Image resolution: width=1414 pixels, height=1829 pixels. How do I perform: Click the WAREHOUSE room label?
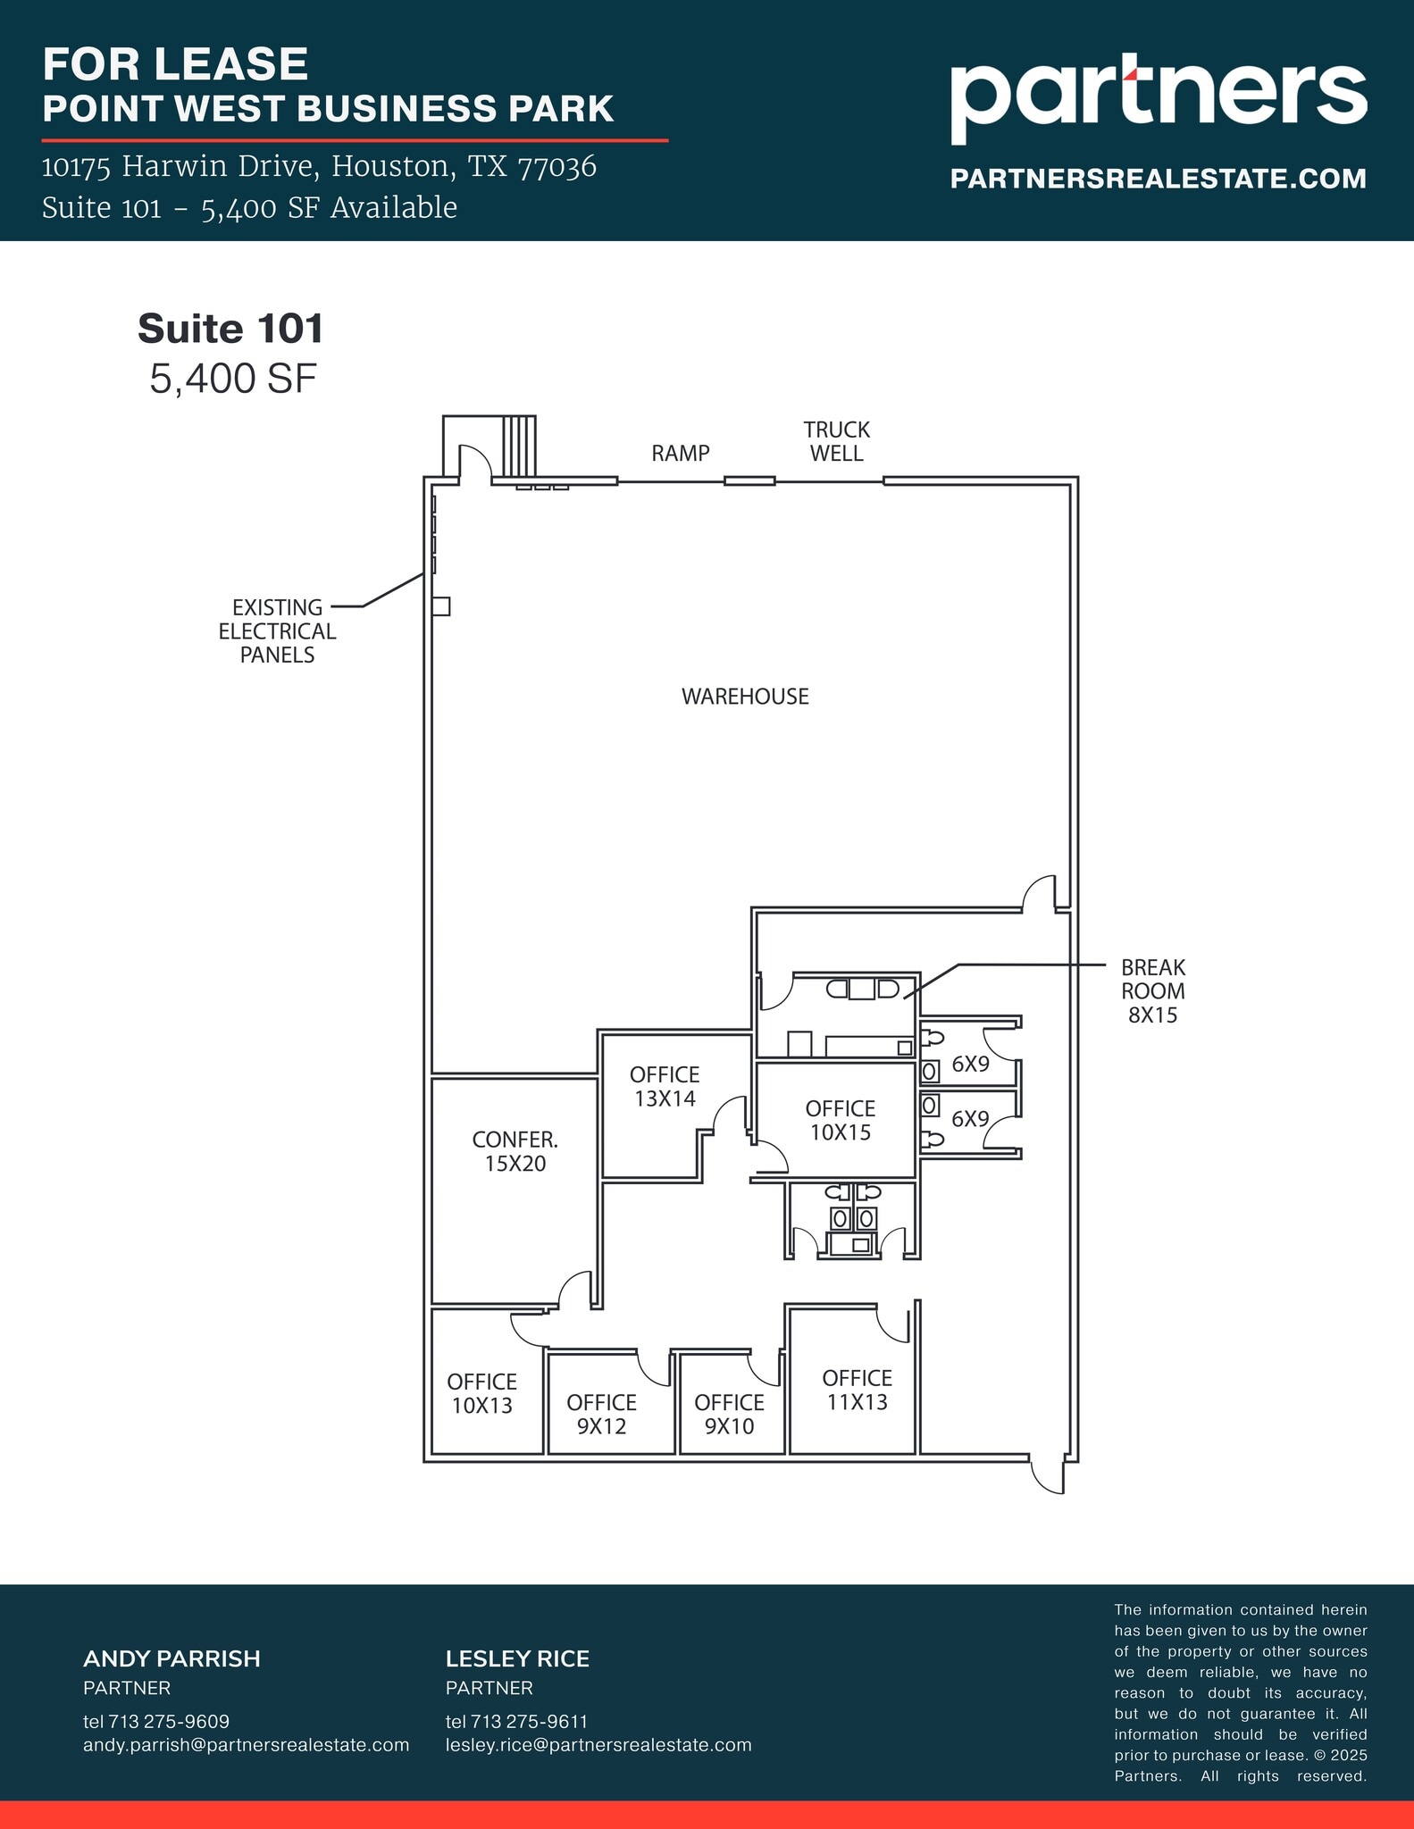[745, 697]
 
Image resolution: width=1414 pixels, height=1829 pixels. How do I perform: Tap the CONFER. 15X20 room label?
[515, 1151]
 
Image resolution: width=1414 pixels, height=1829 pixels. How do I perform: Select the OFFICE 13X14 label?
[665, 1086]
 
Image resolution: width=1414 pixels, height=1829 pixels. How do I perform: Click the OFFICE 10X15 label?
[840, 1120]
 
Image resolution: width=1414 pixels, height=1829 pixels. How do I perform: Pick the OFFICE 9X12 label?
[601, 1414]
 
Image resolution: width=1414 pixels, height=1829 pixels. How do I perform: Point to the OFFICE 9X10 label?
[729, 1414]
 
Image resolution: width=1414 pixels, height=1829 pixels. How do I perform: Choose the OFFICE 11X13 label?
[857, 1390]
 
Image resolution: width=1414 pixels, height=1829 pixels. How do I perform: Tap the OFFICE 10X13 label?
[481, 1393]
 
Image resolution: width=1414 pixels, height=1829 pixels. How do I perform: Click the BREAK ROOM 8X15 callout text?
[1152, 990]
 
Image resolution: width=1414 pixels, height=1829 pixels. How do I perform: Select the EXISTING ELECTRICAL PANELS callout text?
[277, 631]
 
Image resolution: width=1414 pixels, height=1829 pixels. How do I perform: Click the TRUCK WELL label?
[836, 441]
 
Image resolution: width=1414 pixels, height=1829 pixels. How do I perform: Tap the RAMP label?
[680, 454]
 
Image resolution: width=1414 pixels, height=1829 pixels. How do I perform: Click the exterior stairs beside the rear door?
[519, 446]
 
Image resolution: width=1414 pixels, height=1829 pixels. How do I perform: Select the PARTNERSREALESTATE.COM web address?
[1158, 179]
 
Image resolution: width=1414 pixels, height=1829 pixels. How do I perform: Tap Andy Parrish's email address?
[246, 1744]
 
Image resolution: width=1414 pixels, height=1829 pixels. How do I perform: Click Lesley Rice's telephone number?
[516, 1721]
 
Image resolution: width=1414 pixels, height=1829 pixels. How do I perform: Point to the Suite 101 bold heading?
[230, 329]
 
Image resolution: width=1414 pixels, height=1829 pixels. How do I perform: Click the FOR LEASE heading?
[175, 64]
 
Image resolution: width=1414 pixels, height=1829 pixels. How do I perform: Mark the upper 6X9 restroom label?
[970, 1064]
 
